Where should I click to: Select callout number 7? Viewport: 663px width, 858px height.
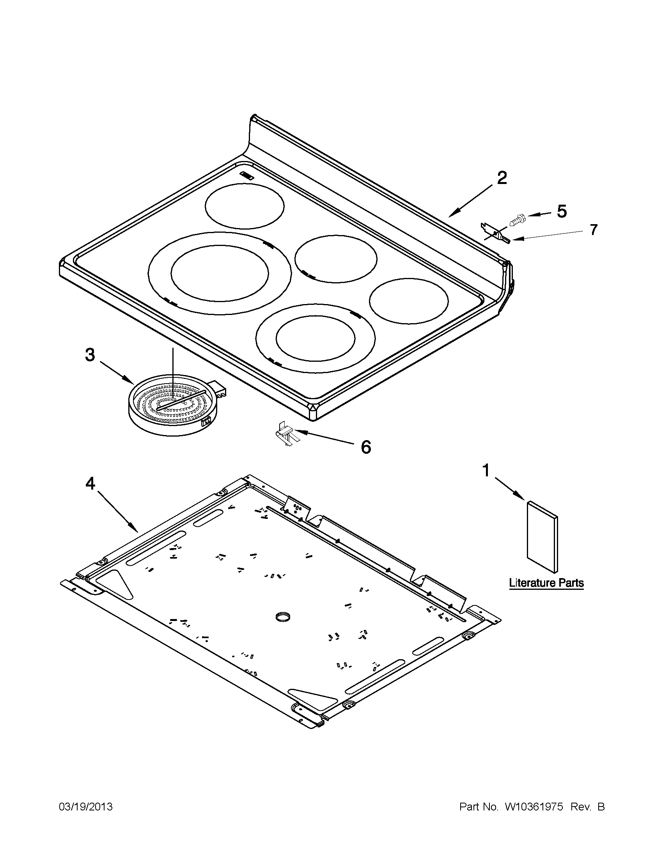[x=593, y=230]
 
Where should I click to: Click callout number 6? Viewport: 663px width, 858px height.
[x=365, y=447]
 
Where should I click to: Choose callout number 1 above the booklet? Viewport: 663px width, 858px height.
[x=486, y=470]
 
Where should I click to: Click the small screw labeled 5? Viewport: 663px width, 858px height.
[x=517, y=219]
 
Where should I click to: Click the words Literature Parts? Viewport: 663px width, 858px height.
[x=546, y=583]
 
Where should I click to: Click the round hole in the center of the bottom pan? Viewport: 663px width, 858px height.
[x=284, y=617]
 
